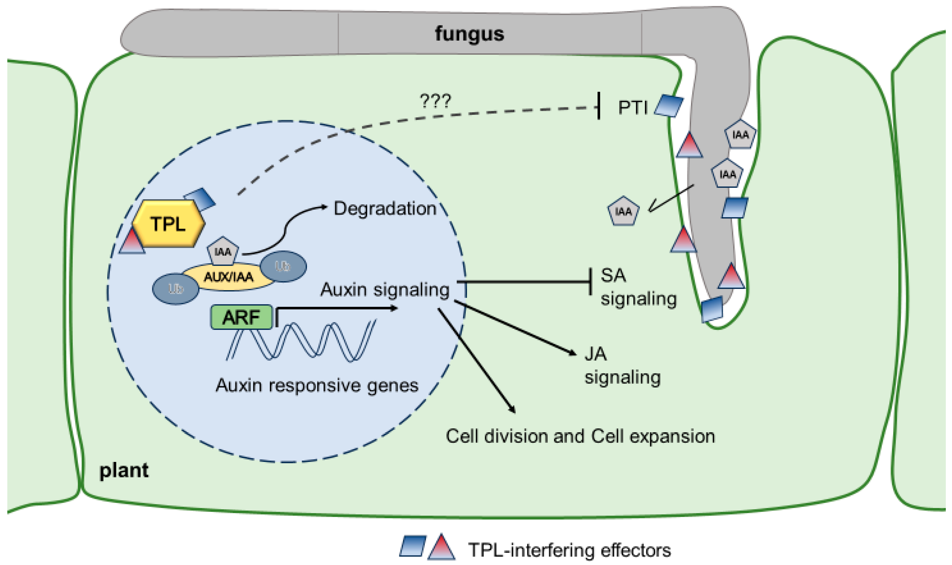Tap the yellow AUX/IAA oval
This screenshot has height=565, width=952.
point(228,277)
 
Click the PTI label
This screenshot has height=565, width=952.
point(632,108)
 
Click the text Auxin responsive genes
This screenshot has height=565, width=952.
point(317,386)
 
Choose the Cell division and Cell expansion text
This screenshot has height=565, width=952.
point(580,436)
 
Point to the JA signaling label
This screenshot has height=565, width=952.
point(622,366)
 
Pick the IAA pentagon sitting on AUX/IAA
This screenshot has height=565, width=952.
point(223,251)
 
